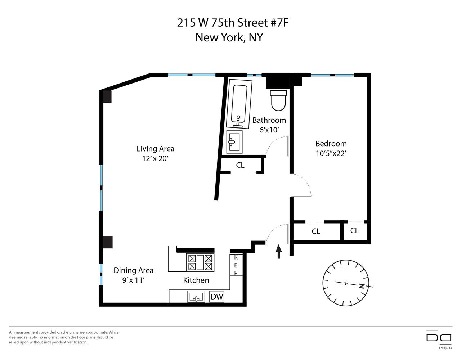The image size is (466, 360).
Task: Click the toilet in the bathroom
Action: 278,100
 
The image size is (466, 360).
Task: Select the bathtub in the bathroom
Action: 239,104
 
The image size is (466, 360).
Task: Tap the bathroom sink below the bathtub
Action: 234,142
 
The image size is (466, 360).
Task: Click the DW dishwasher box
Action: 217,297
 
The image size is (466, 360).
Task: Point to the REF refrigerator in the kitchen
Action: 236,265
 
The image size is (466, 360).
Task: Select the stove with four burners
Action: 200,262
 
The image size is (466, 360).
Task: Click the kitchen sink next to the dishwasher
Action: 196,297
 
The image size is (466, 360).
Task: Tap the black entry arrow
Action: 279,251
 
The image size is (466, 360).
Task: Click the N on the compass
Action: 362,286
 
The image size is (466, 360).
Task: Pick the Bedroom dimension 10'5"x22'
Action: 331,153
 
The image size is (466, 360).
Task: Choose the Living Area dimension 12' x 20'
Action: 155,158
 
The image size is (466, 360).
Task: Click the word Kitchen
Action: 196,280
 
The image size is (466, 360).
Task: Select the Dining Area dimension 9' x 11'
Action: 134,280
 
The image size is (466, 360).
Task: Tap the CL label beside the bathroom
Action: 240,165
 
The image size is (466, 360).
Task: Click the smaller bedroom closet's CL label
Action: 354,230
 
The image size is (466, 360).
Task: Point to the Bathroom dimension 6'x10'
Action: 269,130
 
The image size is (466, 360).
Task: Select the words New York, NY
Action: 229,37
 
